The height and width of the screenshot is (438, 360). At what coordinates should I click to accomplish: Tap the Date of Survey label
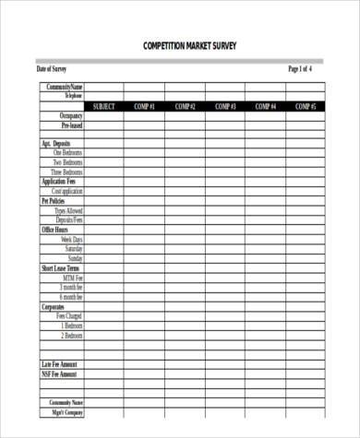[52, 69]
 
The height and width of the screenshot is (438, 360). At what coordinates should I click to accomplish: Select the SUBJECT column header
[104, 106]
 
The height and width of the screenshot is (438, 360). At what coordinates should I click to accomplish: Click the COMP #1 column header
[144, 106]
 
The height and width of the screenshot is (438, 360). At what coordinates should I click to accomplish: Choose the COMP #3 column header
[225, 106]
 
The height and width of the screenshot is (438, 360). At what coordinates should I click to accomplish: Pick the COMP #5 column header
[306, 106]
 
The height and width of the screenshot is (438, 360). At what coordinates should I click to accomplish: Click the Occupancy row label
[71, 116]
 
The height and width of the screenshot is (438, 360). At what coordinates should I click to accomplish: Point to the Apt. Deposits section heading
[55, 144]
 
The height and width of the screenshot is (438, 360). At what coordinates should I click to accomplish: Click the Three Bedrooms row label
[67, 172]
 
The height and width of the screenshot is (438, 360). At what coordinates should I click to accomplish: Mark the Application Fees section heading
[59, 182]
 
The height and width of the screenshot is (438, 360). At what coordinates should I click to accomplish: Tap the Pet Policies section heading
[53, 200]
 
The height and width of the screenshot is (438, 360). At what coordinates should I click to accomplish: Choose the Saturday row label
[73, 248]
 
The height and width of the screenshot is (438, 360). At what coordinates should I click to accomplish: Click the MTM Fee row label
[73, 278]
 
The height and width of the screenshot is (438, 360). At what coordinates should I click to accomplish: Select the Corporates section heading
[52, 306]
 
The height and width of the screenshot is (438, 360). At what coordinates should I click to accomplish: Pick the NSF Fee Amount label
[59, 374]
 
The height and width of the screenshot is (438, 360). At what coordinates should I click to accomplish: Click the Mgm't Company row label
[67, 412]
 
